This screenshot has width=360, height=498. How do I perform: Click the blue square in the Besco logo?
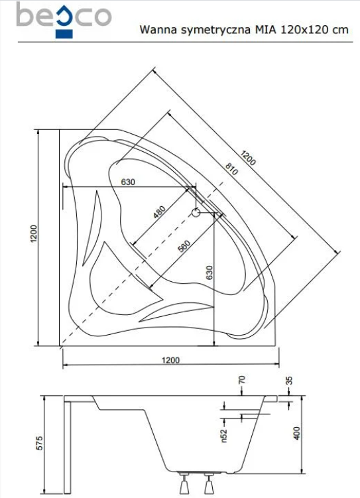click(x=64, y=29)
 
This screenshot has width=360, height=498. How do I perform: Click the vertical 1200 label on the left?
click(x=33, y=235)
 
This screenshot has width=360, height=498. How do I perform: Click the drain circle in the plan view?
click(x=196, y=213)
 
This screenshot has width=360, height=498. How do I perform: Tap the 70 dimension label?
click(x=241, y=381)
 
